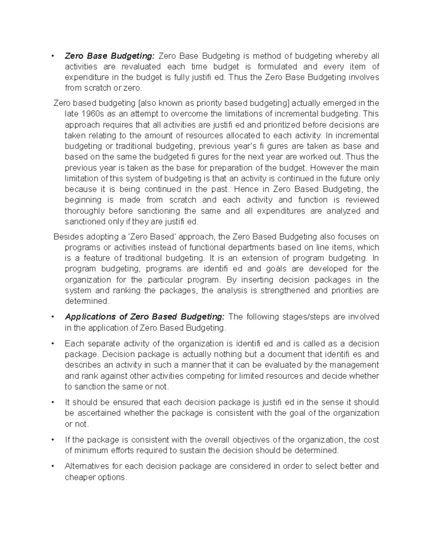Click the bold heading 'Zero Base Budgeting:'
click(110, 56)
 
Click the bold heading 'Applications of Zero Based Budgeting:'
click(144, 317)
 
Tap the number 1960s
click(88, 114)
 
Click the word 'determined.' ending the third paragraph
click(87, 301)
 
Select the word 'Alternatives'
click(87, 466)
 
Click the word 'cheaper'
click(79, 477)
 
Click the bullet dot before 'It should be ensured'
click(53, 402)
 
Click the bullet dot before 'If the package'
click(53, 440)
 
